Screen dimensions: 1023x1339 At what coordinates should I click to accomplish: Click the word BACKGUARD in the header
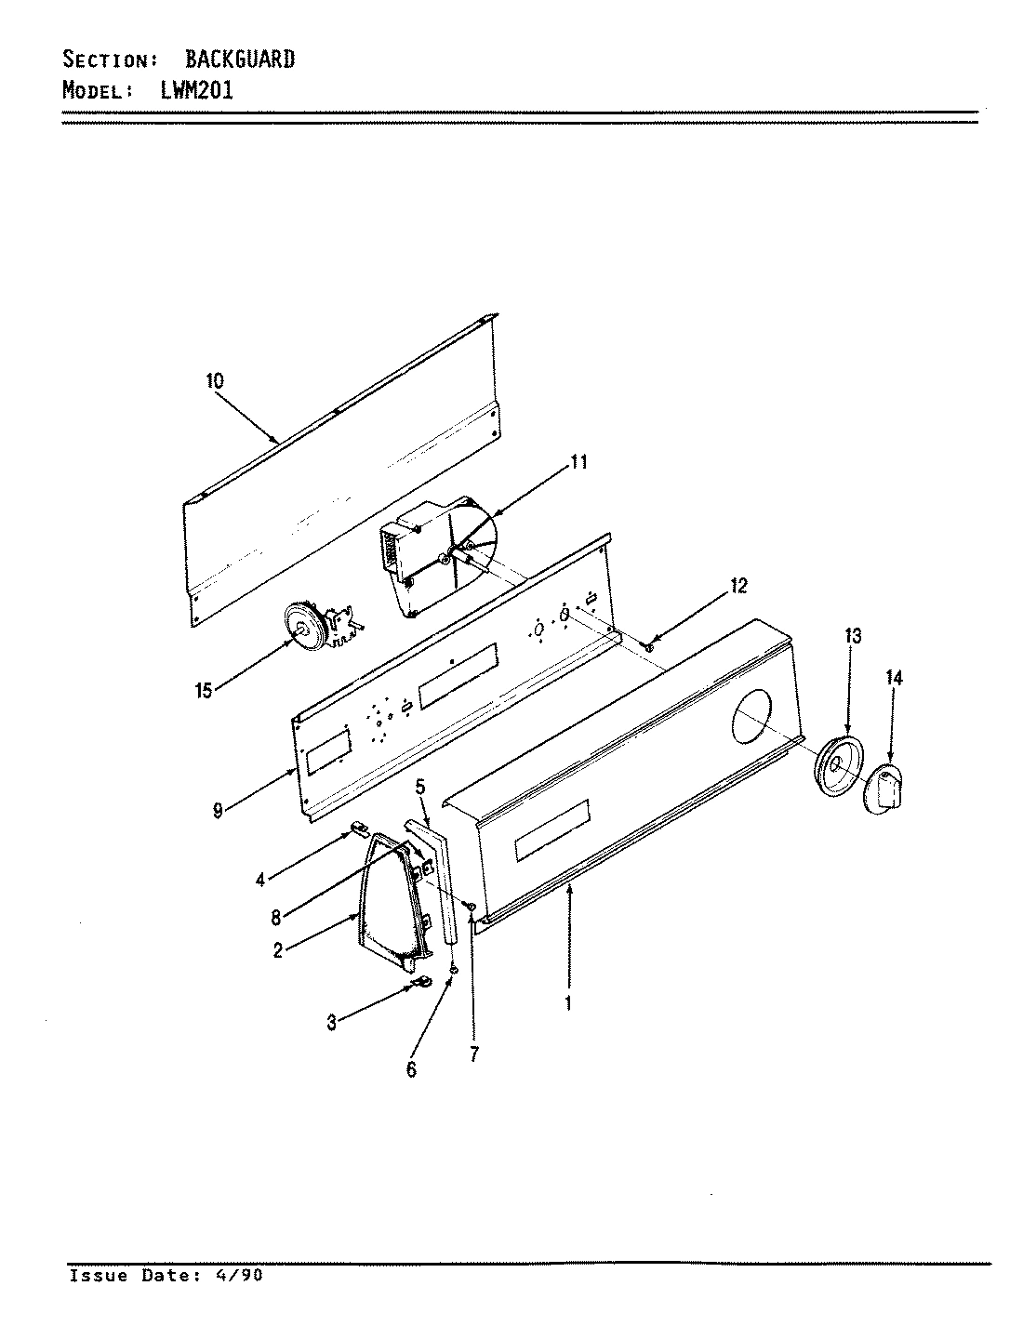[x=240, y=60]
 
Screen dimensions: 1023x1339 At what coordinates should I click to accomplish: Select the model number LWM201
[x=191, y=90]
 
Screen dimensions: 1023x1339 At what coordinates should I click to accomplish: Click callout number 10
[x=215, y=380]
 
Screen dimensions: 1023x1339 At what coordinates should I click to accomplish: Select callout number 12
[x=738, y=586]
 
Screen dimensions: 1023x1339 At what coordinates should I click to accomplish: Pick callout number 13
[x=853, y=636]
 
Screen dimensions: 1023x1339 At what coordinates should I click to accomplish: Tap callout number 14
[x=894, y=678]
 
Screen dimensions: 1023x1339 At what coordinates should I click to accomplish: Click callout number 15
[x=204, y=689]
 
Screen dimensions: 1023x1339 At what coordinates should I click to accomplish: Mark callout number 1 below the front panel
[x=568, y=1004]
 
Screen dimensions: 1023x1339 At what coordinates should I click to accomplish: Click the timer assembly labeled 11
[x=437, y=558]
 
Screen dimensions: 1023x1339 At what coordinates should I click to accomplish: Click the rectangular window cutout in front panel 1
[x=551, y=828]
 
